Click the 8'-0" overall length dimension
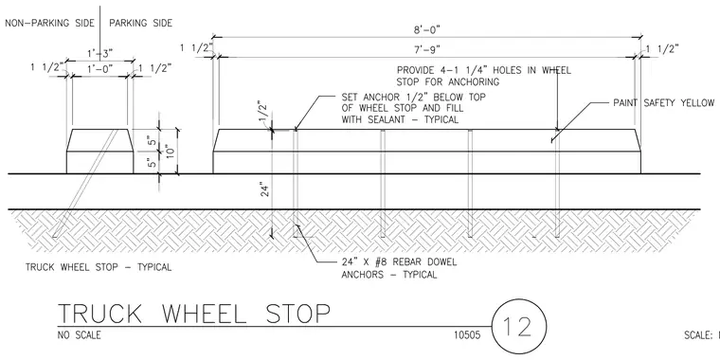(427, 30)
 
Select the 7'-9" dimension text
(427, 49)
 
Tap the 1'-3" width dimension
(100, 54)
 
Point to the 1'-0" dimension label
(100, 69)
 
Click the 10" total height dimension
(171, 152)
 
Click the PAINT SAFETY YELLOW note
(663, 103)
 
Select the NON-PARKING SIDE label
(49, 23)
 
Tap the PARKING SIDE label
(140, 23)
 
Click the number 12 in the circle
(519, 327)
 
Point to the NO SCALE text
(80, 335)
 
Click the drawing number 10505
(467, 335)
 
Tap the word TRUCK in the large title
(100, 314)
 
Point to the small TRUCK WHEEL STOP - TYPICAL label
(99, 267)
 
